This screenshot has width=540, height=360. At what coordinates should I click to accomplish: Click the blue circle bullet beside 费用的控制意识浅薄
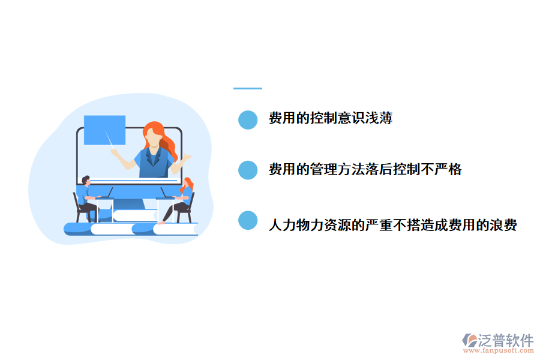pyautogui.click(x=248, y=120)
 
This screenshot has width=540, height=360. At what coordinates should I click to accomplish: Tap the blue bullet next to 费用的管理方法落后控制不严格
pyautogui.click(x=248, y=170)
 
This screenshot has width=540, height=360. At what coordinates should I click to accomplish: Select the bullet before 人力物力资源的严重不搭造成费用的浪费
pyautogui.click(x=248, y=220)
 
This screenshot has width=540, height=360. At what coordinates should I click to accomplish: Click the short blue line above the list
pyautogui.click(x=248, y=89)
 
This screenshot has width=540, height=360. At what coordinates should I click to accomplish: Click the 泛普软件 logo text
pyautogui.click(x=505, y=340)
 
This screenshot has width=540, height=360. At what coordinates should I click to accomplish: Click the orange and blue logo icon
pyautogui.click(x=469, y=341)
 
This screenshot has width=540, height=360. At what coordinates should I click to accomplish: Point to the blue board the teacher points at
pyautogui.click(x=104, y=130)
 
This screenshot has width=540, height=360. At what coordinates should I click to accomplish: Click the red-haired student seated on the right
pyautogui.click(x=185, y=195)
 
